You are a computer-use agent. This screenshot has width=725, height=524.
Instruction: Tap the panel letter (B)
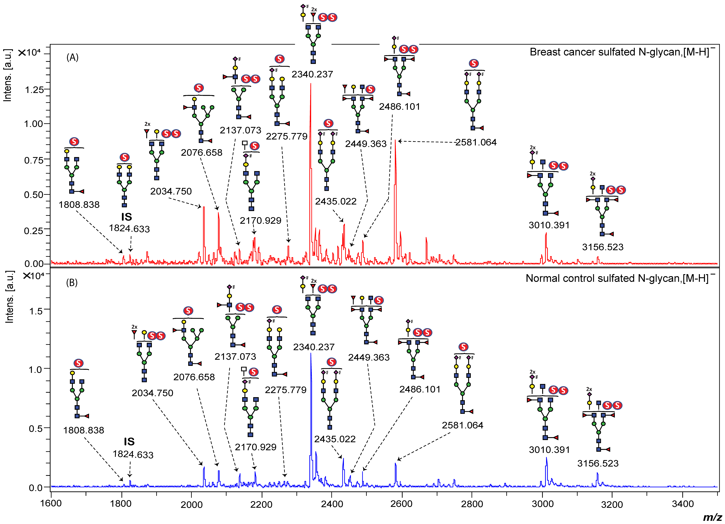(x=72, y=283)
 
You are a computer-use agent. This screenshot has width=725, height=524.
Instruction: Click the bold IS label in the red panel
(x=127, y=217)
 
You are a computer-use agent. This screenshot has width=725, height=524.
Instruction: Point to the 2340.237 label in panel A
(x=312, y=74)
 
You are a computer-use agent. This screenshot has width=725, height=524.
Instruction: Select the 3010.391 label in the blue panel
(x=549, y=450)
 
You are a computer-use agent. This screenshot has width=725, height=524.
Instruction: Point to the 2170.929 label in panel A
(x=260, y=221)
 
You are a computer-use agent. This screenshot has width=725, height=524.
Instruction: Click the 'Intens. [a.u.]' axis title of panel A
(x=8, y=75)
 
